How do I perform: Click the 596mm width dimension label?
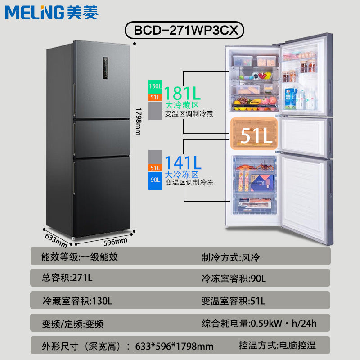click(115, 242)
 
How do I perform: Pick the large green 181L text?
click(182, 93)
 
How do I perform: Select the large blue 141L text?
click(182, 162)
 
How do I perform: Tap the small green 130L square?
click(155, 86)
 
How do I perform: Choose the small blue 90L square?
click(155, 182)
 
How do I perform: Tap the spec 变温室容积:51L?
click(233, 300)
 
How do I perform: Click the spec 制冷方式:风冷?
click(231, 257)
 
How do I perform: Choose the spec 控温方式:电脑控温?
click(277, 346)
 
